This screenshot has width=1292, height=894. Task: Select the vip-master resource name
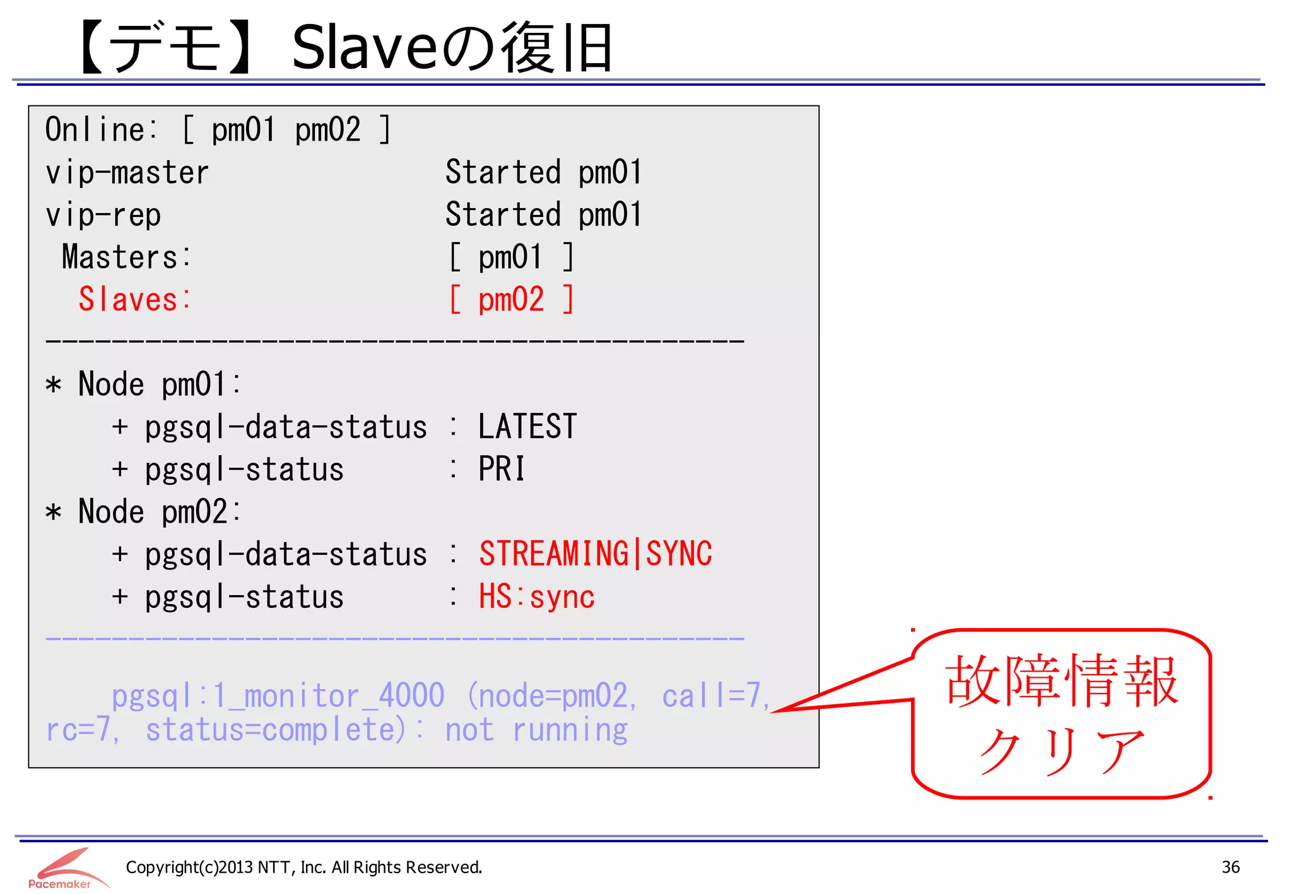(x=127, y=173)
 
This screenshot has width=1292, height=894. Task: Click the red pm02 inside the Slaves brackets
(x=511, y=299)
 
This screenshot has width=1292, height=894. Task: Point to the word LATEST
(x=527, y=427)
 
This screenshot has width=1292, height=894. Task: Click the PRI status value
(x=502, y=469)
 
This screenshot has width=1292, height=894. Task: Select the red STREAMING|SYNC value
(x=596, y=554)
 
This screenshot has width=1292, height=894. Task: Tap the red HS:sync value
(x=537, y=596)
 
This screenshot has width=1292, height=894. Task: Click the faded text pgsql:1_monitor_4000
(x=278, y=696)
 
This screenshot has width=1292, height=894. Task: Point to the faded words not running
(x=536, y=730)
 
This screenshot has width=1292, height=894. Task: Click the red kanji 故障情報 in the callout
(x=1062, y=681)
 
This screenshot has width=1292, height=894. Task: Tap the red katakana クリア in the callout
(x=1062, y=750)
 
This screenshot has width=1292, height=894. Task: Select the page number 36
(x=1230, y=868)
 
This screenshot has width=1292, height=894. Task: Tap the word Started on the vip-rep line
(x=503, y=215)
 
